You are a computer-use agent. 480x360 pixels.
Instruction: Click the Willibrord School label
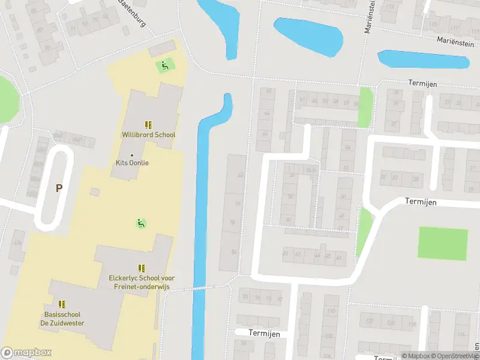click(148, 135)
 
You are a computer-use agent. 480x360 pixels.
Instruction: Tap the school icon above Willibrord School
click(148, 125)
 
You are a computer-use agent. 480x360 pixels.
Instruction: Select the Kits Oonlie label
click(132, 163)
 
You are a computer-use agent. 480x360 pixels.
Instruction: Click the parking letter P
click(59, 188)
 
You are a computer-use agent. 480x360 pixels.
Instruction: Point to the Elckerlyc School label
click(142, 282)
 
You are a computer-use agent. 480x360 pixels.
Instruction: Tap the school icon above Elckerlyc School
click(142, 268)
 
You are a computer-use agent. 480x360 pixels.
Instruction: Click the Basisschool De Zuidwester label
click(62, 319)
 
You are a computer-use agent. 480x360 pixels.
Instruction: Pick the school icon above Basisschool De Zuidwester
click(62, 305)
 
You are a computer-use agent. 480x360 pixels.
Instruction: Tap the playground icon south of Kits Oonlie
click(140, 223)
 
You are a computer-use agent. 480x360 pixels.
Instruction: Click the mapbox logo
click(25, 353)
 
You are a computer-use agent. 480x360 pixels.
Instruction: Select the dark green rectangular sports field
click(442, 243)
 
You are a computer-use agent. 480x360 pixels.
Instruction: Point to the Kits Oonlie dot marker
click(132, 155)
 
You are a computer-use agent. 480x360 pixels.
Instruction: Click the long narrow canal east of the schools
click(200, 240)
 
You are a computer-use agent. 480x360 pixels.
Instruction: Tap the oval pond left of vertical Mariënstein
click(308, 35)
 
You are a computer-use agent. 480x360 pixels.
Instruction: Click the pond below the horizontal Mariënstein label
click(423, 59)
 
